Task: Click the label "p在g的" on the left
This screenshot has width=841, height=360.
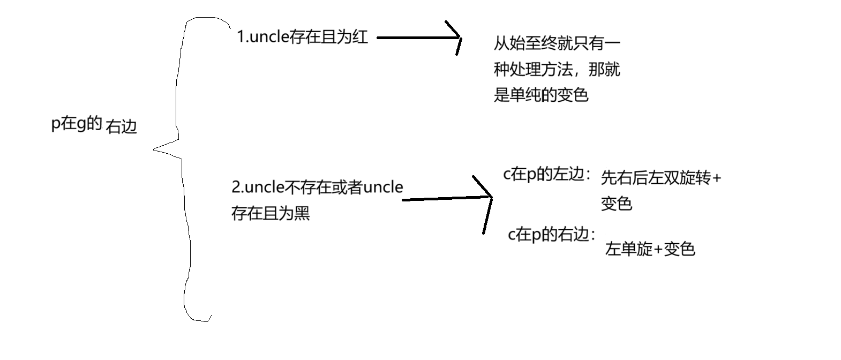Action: pyautogui.click(x=77, y=124)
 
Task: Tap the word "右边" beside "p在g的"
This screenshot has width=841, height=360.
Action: pyautogui.click(x=122, y=126)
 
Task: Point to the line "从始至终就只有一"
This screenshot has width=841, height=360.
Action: pyautogui.click(x=557, y=43)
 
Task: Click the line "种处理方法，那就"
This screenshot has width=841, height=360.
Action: pyautogui.click(x=557, y=69)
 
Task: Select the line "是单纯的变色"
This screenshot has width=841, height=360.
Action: pyautogui.click(x=541, y=95)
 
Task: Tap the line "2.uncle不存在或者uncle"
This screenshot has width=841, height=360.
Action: pyautogui.click(x=317, y=187)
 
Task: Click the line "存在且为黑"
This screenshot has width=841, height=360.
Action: pyautogui.click(x=271, y=213)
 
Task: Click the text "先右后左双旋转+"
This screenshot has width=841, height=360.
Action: pyautogui.click(x=661, y=177)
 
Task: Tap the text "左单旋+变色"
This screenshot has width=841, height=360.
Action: pyautogui.click(x=650, y=249)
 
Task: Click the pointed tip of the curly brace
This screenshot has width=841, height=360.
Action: pyautogui.click(x=155, y=149)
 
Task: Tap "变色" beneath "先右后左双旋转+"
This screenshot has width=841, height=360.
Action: pyautogui.click(x=617, y=204)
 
